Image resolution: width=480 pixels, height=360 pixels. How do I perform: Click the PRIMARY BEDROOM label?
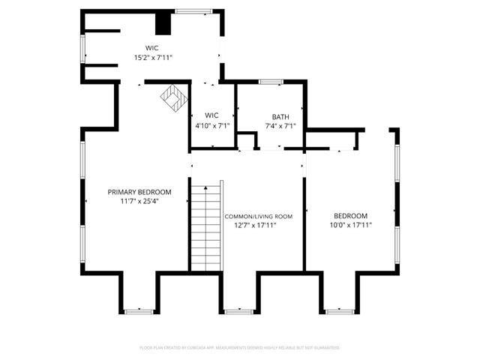tap(139, 191)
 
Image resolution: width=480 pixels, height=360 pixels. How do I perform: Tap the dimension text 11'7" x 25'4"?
tap(139, 200)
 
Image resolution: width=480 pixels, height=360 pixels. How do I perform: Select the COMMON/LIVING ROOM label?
tap(259, 216)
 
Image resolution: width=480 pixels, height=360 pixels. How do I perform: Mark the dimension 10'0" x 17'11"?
tap(351, 225)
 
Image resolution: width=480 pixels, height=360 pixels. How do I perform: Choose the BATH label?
tap(280, 117)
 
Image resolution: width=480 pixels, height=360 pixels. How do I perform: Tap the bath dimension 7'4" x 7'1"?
tap(280, 126)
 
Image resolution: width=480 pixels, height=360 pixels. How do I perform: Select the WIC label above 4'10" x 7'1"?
tap(211, 115)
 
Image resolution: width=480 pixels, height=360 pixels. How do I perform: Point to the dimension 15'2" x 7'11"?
tap(154, 57)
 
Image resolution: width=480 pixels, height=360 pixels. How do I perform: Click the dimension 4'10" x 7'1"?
tap(211, 125)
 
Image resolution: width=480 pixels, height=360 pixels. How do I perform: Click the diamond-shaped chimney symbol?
tap(173, 97)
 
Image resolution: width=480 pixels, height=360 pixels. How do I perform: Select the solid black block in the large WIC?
tap(163, 25)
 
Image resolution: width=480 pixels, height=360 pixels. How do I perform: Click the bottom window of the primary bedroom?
tap(139, 310)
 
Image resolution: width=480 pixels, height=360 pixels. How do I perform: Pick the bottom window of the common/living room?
tap(238, 310)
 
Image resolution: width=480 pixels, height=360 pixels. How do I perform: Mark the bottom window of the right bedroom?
tap(338, 310)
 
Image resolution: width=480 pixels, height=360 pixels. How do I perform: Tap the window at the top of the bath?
tap(270, 81)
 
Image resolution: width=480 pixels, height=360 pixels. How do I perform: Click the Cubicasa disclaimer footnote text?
tap(240, 348)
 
